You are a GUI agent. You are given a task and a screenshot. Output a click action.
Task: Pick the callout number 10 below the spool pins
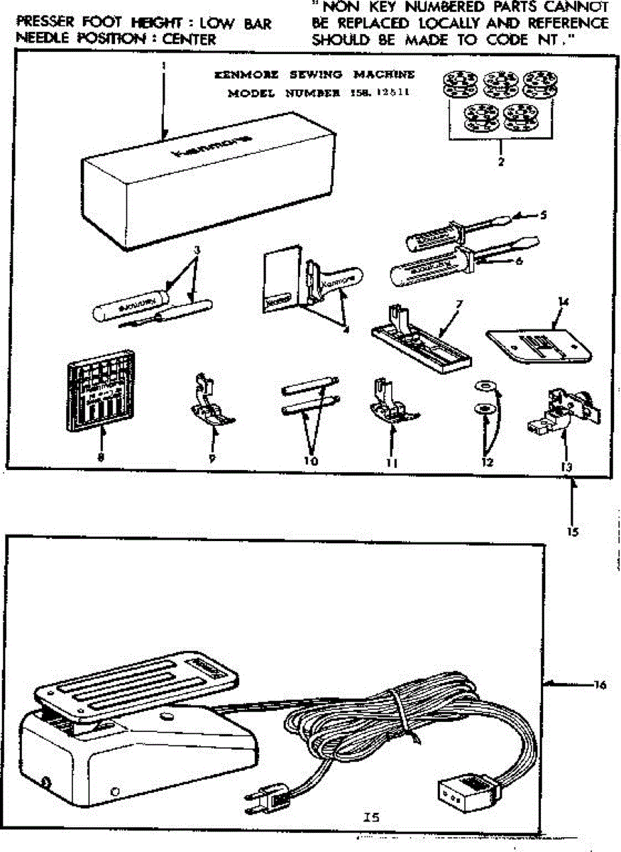[310, 461]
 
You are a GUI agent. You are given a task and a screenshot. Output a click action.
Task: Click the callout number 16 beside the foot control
[600, 685]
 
